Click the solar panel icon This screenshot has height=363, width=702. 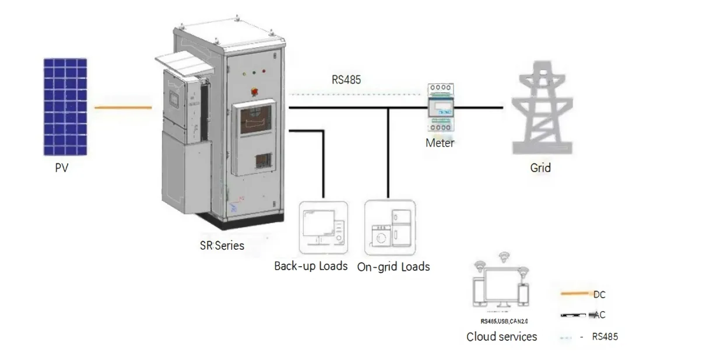click(x=65, y=107)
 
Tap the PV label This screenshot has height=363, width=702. click(x=62, y=169)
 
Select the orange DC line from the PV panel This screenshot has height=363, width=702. click(x=123, y=107)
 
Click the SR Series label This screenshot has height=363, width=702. click(x=222, y=245)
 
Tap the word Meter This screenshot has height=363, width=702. click(x=440, y=143)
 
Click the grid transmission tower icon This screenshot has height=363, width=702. click(x=539, y=113)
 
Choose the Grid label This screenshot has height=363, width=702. click(x=540, y=168)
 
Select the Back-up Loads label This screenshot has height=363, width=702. click(x=311, y=266)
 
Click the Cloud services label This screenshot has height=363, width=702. click(x=501, y=337)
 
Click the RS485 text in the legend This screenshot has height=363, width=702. click(x=605, y=337)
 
